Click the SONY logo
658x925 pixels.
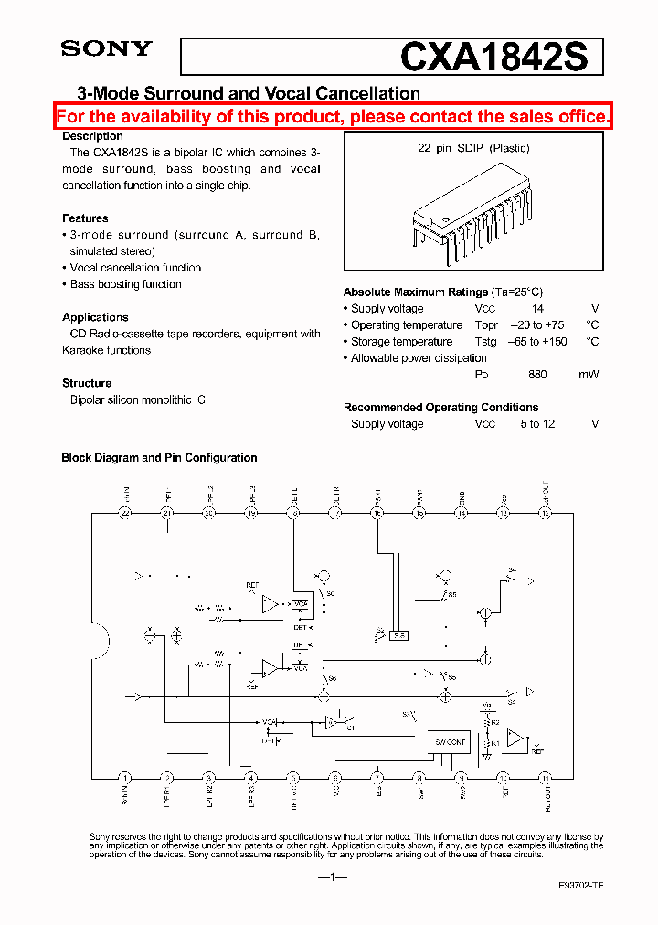point(106,49)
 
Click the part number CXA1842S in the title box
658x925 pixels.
point(501,58)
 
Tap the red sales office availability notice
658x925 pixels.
point(333,117)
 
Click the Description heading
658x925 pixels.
point(92,136)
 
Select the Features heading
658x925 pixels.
point(85,218)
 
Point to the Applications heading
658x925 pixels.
point(95,317)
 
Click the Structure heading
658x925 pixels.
point(87,383)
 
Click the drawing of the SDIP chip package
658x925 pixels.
point(473,213)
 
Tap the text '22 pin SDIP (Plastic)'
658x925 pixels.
point(473,148)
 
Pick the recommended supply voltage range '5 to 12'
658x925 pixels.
point(537,424)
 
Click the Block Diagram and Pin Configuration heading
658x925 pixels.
point(159,458)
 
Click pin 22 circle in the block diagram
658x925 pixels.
point(125,514)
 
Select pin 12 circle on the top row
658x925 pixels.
point(546,514)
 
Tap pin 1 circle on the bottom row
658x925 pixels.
point(125,778)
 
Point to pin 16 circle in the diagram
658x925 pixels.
point(377,514)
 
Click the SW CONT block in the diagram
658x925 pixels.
point(449,742)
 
